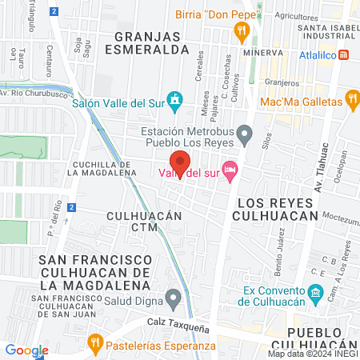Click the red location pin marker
[180, 162]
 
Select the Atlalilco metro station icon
[345, 55]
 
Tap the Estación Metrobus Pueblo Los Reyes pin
[245, 134]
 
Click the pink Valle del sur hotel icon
[230, 168]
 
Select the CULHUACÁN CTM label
[145, 222]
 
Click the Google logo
[26, 350]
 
